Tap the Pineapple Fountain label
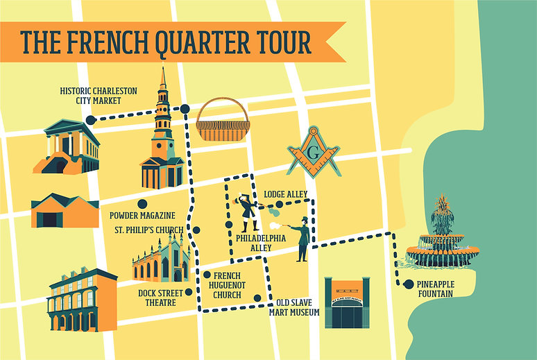tap(444, 289)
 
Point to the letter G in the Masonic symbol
tap(314, 151)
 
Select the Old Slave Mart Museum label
tap(294, 307)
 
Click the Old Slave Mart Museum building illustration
tap(347, 303)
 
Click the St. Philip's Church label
tap(148, 230)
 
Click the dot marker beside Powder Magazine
tap(142, 204)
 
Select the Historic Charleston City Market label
tap(98, 96)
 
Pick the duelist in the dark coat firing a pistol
tap(301, 238)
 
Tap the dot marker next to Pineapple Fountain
tap(409, 284)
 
